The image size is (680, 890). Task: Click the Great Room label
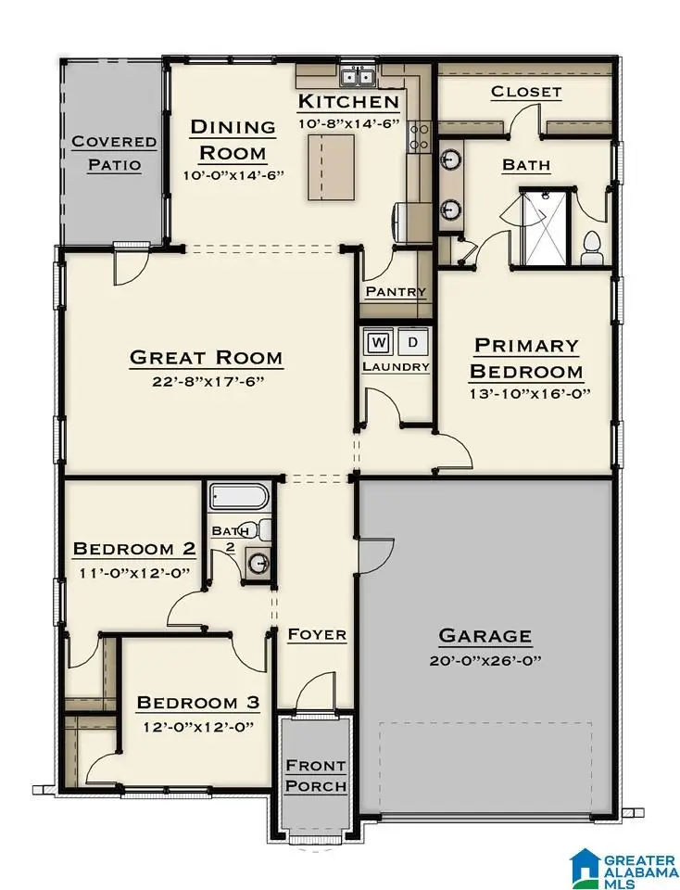point(206,357)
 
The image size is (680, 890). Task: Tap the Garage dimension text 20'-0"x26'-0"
point(485,660)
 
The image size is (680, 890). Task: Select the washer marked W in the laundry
point(379,342)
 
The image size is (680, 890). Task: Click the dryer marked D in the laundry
point(414,342)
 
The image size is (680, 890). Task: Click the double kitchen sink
point(357,78)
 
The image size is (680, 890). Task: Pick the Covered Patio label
point(114,154)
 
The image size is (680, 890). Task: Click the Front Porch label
point(315,776)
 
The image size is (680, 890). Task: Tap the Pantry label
point(396,291)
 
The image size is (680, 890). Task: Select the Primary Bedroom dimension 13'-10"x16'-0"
point(525,392)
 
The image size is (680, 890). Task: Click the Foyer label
point(317,634)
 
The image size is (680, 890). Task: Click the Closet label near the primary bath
point(525,91)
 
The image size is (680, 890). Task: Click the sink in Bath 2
point(257,562)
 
